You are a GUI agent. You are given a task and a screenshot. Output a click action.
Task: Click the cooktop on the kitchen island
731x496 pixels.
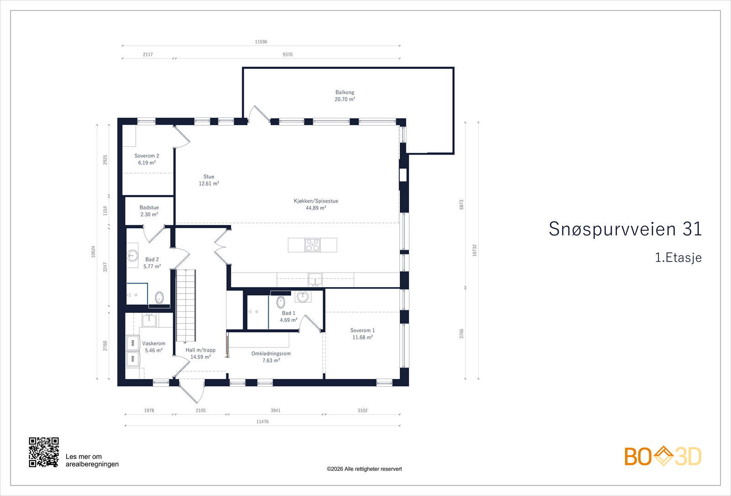pos(313,245)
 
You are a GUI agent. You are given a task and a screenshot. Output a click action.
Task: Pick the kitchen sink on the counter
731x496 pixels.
pos(315,280)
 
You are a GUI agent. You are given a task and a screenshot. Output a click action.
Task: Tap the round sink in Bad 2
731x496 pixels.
pos(132,256)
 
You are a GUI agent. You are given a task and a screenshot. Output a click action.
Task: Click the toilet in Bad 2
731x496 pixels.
pos(159,298)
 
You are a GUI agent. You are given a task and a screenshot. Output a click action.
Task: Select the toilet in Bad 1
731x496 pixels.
pos(281,302)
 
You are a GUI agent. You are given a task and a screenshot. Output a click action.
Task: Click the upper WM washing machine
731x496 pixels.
pos(133,343)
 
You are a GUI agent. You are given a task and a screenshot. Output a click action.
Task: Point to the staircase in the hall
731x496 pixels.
pos(185,305)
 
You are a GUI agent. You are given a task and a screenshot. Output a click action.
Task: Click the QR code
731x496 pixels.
pos(44,452)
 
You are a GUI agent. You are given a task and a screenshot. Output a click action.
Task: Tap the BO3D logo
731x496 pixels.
pos(663,456)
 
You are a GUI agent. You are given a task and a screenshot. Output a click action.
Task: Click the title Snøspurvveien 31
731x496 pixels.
pos(625,229)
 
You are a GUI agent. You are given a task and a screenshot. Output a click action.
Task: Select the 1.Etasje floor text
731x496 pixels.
pos(678,258)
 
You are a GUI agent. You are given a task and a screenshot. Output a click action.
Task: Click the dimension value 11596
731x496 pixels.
pos(261,42)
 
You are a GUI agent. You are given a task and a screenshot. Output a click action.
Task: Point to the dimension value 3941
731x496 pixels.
pos(275,411)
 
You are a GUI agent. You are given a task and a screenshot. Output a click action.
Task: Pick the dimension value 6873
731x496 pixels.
pos(461,205)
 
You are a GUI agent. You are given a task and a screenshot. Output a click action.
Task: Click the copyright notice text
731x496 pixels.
pos(364,469)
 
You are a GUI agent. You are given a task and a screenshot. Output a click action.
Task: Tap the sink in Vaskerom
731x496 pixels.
pos(149,320)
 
